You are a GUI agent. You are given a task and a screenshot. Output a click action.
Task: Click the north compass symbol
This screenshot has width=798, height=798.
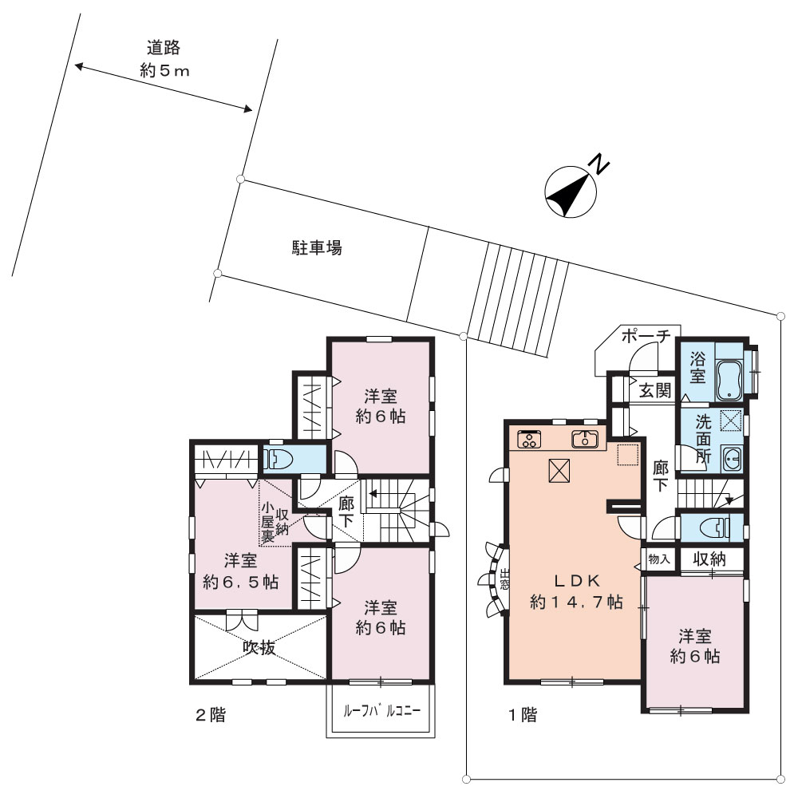tap(571, 192)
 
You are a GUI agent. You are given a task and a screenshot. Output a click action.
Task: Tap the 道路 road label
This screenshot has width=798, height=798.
tap(164, 49)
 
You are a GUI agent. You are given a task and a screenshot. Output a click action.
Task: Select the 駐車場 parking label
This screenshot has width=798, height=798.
tap(317, 248)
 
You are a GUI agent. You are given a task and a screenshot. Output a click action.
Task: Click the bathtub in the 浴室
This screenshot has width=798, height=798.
tap(729, 379)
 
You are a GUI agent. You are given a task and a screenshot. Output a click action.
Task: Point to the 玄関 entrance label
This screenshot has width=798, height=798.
tap(655, 390)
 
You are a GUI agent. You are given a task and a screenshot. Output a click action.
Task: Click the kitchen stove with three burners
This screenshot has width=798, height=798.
tap(529, 439)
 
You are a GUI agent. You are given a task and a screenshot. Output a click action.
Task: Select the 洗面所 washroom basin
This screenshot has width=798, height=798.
tap(732, 460)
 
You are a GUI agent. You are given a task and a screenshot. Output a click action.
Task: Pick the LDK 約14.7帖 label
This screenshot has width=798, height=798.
tap(577, 591)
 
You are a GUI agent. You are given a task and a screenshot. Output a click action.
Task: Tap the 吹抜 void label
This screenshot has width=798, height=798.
tap(259, 647)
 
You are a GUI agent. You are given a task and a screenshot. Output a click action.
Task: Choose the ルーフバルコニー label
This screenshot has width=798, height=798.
tap(382, 710)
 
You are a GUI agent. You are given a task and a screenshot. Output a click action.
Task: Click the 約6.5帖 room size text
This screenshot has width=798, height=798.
tap(240, 582)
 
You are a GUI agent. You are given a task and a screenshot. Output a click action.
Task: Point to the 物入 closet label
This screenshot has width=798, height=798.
tap(659, 559)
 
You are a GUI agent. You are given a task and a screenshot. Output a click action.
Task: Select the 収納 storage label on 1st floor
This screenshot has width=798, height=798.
tap(709, 559)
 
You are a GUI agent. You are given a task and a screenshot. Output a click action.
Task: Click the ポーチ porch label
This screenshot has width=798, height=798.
tap(646, 336)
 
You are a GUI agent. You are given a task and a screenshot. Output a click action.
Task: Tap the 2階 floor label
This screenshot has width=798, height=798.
tap(211, 715)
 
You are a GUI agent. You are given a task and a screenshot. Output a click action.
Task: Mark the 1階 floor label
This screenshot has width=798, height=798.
tap(523, 715)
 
